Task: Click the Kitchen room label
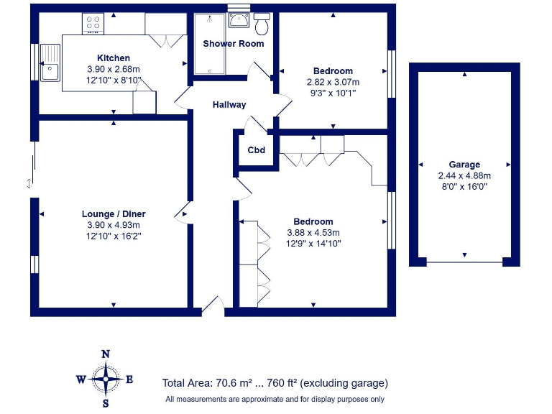pyautogui.click(x=114, y=58)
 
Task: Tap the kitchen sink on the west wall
pyautogui.click(x=50, y=63)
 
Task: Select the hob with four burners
pyautogui.click(x=93, y=23)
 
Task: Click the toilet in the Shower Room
pyautogui.click(x=262, y=24)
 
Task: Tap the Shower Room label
pyautogui.click(x=233, y=44)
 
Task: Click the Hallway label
pyautogui.click(x=229, y=105)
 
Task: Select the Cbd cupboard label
pyautogui.click(x=256, y=150)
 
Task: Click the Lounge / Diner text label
pyautogui.click(x=114, y=214)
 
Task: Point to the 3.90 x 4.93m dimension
pyautogui.click(x=114, y=225)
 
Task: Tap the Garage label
pyautogui.click(x=464, y=165)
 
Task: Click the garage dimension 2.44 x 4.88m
pyautogui.click(x=464, y=175)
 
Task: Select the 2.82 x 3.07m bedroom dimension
pyautogui.click(x=333, y=82)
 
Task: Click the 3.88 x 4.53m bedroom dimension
pyautogui.click(x=313, y=233)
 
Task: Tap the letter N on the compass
pyautogui.click(x=106, y=354)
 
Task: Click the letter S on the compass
pyautogui.click(x=106, y=404)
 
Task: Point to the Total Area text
pyautogui.click(x=275, y=383)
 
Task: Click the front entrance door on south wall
pyautogui.click(x=213, y=308)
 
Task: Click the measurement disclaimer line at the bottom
pyautogui.click(x=275, y=400)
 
